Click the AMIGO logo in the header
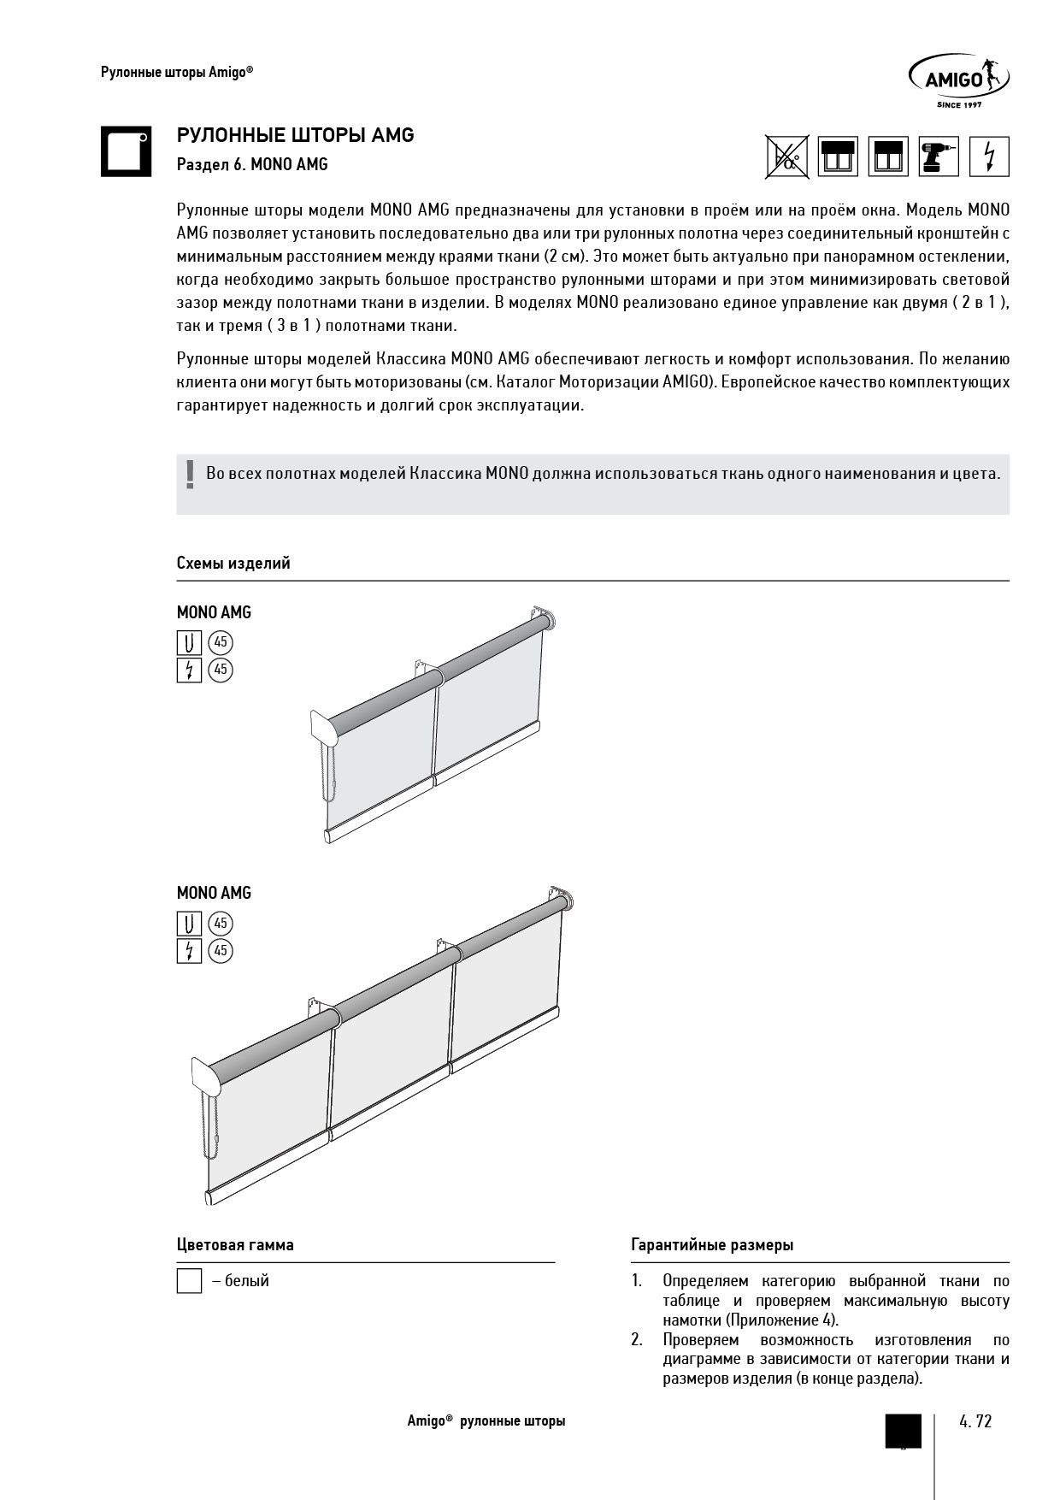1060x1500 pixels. click(x=957, y=80)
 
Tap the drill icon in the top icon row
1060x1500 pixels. click(x=939, y=156)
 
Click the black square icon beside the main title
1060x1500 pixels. click(x=126, y=151)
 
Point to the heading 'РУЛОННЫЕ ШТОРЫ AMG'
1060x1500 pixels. click(x=295, y=135)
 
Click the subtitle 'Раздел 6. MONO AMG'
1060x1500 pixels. click(x=252, y=164)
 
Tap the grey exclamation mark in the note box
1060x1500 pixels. click(x=190, y=475)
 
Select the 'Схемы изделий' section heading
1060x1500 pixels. click(x=233, y=563)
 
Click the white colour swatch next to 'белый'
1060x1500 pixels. click(x=189, y=1281)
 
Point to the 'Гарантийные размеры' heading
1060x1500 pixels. click(x=712, y=1245)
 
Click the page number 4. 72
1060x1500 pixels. click(x=975, y=1421)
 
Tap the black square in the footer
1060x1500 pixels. click(x=904, y=1430)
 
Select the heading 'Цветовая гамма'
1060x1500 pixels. click(x=235, y=1245)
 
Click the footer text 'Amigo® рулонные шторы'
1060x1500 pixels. click(x=486, y=1421)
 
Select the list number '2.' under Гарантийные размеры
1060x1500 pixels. click(x=637, y=1340)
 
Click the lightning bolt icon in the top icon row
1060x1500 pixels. click(x=989, y=156)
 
